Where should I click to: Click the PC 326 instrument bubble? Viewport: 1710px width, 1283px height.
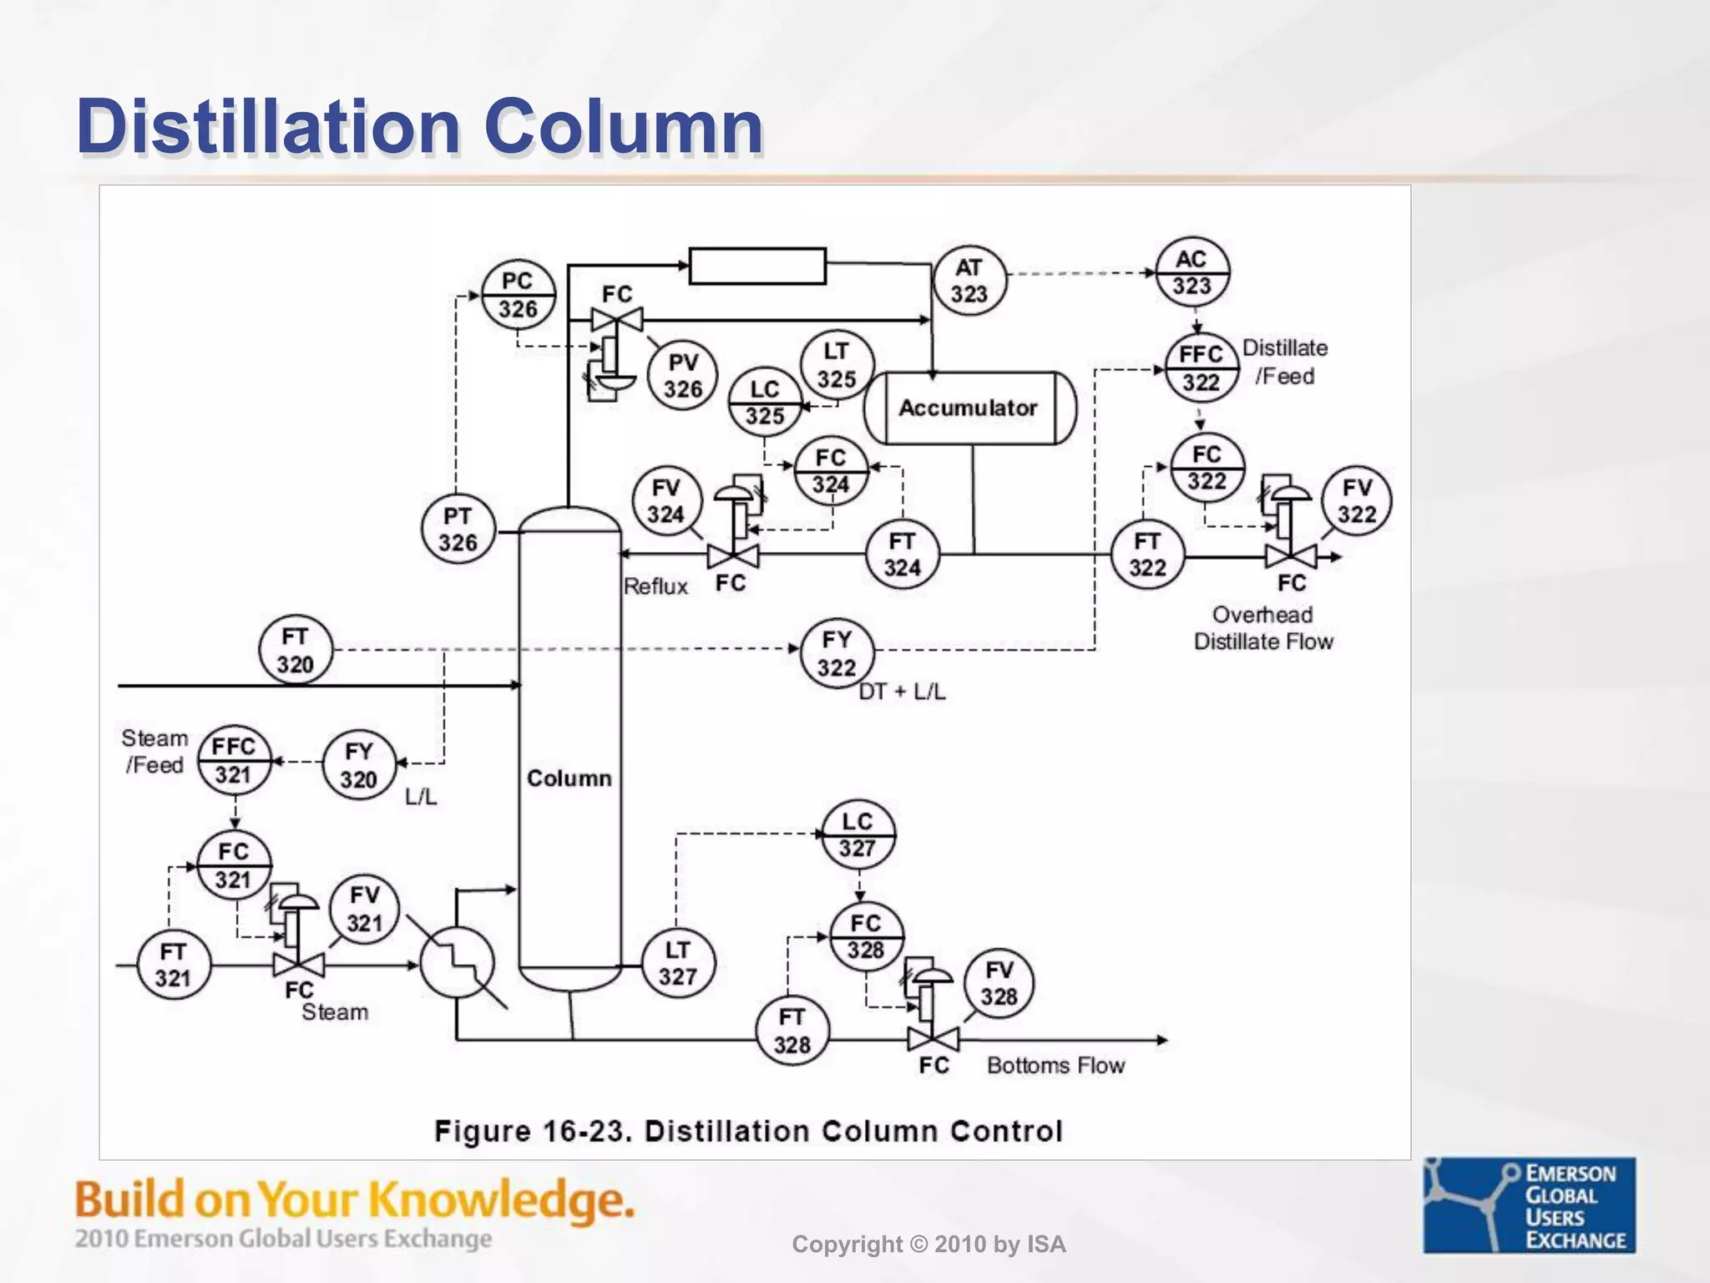pos(518,296)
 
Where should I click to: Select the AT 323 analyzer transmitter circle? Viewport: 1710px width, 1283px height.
pos(969,281)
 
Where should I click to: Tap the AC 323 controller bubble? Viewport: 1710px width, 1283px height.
pos(1191,273)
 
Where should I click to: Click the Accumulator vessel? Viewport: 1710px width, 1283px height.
pos(969,408)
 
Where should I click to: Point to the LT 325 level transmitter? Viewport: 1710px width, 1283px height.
pos(837,366)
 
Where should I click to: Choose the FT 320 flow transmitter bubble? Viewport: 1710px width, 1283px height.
pos(295,651)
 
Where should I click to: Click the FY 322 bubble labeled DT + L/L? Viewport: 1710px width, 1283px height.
pos(837,653)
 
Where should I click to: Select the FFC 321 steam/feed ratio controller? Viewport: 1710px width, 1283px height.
pos(234,760)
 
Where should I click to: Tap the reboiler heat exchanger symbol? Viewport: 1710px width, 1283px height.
pos(457,963)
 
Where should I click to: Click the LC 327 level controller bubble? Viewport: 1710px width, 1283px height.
pos(858,835)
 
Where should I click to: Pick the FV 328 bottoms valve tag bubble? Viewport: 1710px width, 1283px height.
pos(999,983)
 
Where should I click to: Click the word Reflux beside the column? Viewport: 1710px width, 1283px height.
pos(655,586)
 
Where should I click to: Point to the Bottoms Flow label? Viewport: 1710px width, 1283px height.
pos(1055,1066)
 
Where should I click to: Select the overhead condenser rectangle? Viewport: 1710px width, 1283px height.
pos(757,266)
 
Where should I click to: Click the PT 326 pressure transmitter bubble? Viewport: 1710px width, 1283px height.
pos(458,530)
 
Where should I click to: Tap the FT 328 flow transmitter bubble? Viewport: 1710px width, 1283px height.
pos(792,1032)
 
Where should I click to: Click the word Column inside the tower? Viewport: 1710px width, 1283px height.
pos(569,778)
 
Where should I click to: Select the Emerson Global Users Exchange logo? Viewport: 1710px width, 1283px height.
pos(1529,1204)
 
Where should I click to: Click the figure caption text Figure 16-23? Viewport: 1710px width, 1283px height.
pos(748,1132)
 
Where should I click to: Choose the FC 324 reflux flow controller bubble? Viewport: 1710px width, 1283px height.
pos(831,471)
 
